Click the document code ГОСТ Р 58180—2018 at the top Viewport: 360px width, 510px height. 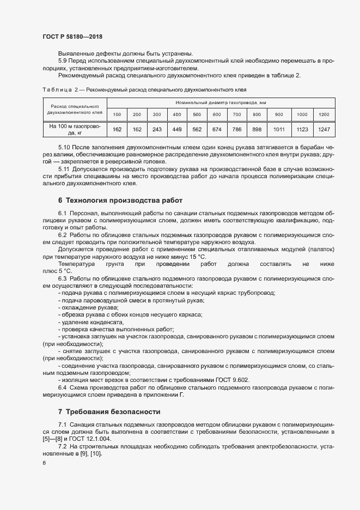pyautogui.click(x=72, y=37)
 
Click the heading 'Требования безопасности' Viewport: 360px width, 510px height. pyautogui.click(x=109, y=410)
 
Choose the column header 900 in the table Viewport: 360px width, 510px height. pyautogui.click(x=279, y=114)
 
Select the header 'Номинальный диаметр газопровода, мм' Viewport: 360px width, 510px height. pyautogui.click(x=221, y=102)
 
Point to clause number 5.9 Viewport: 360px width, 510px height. pyautogui.click(x=64, y=60)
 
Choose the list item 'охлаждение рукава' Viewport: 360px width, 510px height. pyautogui.click(x=89, y=307)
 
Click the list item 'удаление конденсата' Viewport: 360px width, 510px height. pyautogui.click(x=92, y=321)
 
